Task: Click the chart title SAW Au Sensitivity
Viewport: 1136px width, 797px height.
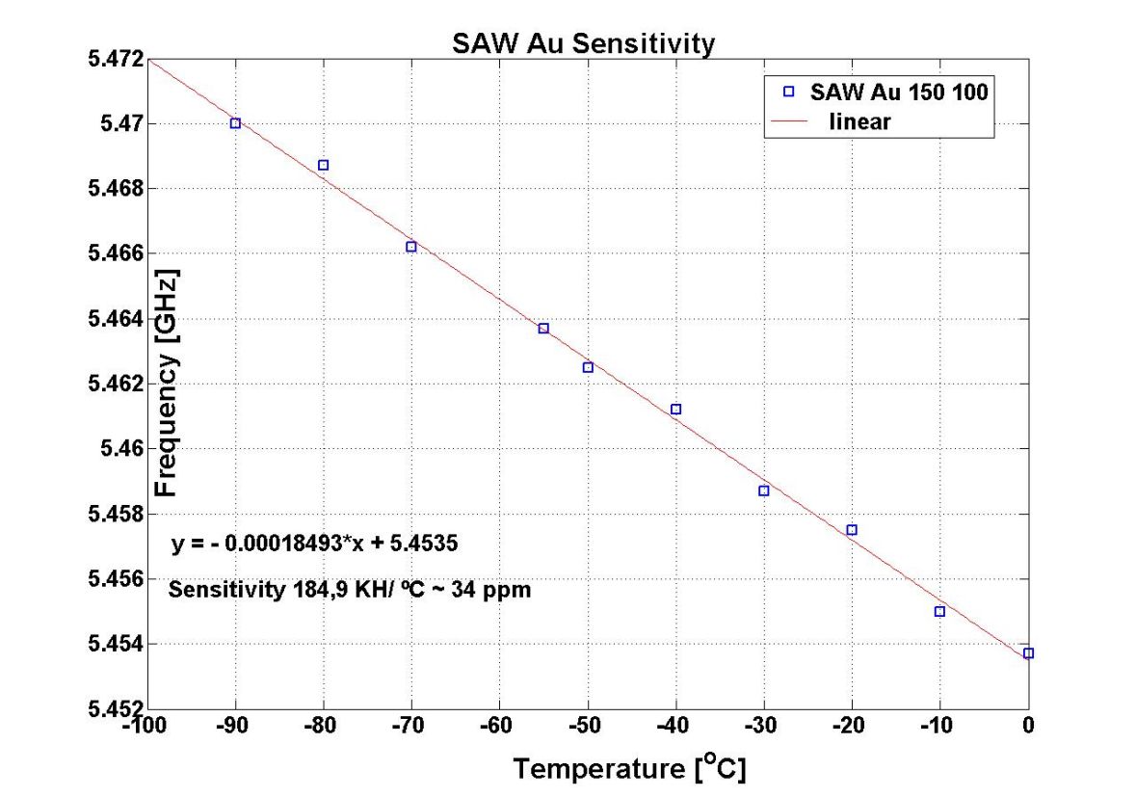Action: click(584, 44)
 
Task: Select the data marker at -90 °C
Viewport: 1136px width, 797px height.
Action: click(235, 123)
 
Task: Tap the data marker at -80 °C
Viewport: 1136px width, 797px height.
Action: click(324, 165)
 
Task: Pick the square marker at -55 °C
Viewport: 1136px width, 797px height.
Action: click(543, 329)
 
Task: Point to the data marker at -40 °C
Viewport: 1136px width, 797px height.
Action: click(675, 410)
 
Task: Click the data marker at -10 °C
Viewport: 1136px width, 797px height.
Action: click(939, 612)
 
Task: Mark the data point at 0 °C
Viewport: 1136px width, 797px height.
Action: click(1028, 653)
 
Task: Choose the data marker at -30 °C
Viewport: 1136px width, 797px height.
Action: click(764, 491)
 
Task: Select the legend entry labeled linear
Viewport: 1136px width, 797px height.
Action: click(859, 122)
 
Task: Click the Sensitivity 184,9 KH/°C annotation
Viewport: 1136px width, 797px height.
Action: click(349, 589)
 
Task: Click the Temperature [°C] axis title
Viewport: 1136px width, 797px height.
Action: click(629, 768)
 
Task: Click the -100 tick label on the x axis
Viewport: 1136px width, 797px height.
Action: click(145, 727)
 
